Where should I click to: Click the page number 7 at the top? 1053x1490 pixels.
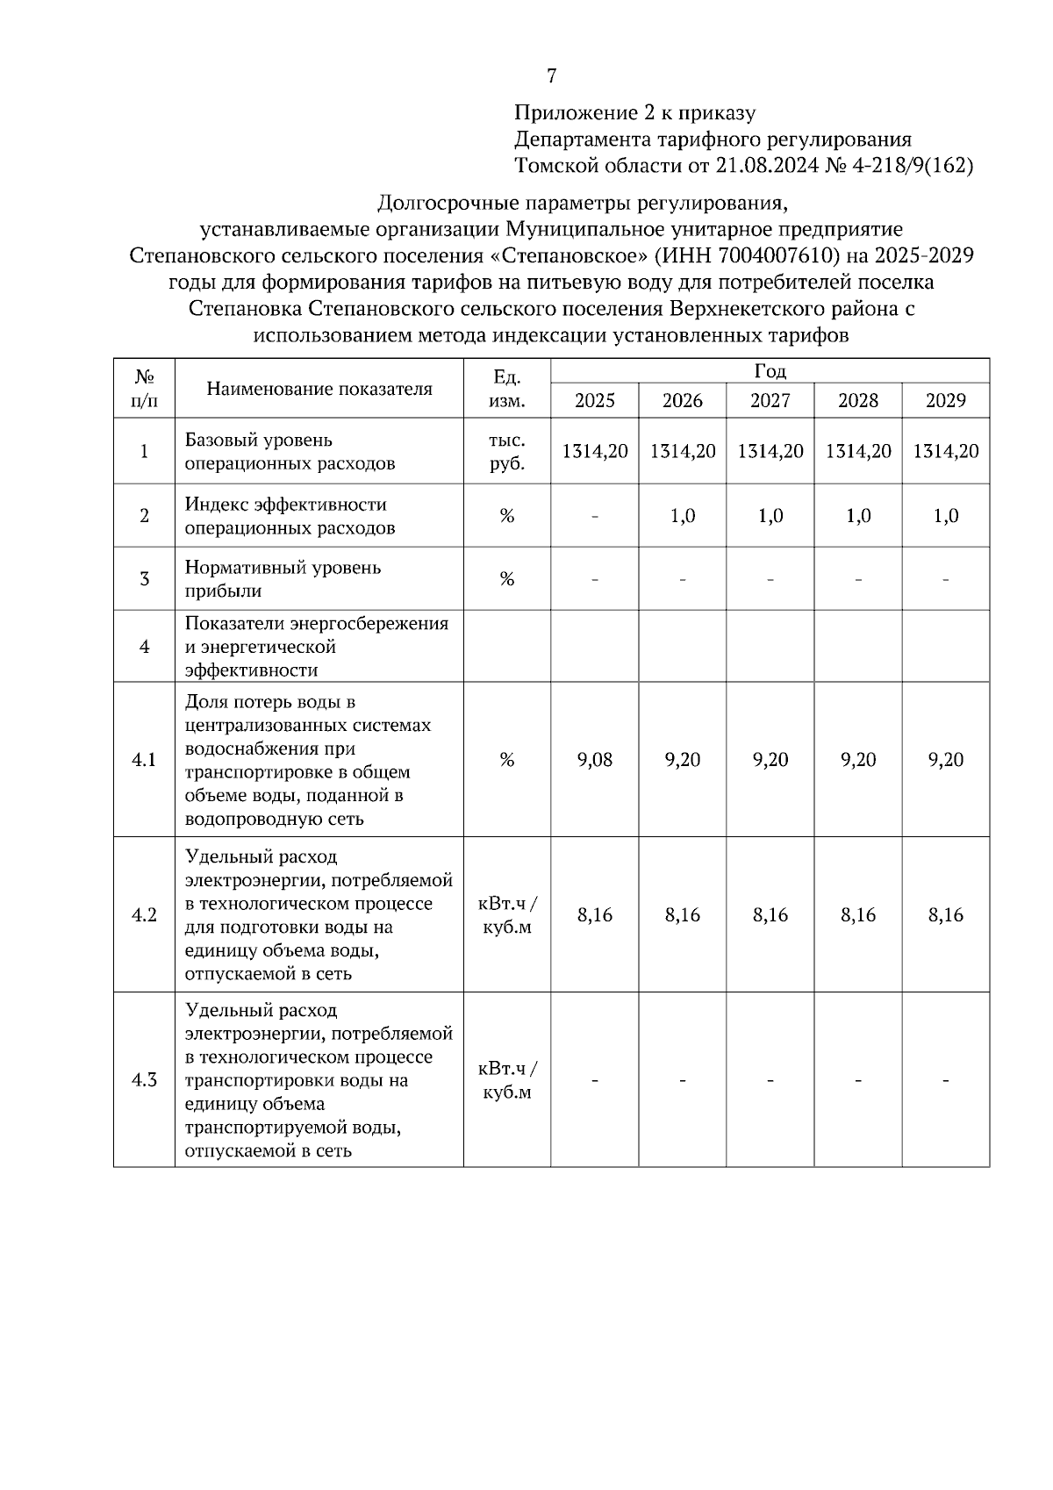pyautogui.click(x=551, y=76)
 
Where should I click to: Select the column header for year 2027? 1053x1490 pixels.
pyautogui.click(x=770, y=401)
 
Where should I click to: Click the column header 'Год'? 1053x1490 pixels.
pyautogui.click(x=770, y=371)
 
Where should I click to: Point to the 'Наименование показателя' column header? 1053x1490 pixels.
pyautogui.click(x=319, y=389)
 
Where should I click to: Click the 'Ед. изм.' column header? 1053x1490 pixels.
pyautogui.click(x=507, y=389)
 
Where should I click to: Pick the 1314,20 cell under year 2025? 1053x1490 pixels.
pyautogui.click(x=594, y=451)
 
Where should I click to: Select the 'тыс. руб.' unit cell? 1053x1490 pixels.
pyautogui.click(x=507, y=451)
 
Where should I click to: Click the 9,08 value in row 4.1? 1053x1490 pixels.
pyautogui.click(x=594, y=760)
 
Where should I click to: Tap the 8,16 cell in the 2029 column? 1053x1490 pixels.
pyautogui.click(x=945, y=915)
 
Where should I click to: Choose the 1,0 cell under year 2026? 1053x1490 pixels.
pyautogui.click(x=682, y=516)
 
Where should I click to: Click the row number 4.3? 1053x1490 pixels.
pyautogui.click(x=144, y=1079)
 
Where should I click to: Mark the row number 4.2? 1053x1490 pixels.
pyautogui.click(x=144, y=915)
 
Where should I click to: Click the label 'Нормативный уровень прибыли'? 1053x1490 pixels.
pyautogui.click(x=283, y=579)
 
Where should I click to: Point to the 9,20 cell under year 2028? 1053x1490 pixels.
pyautogui.click(x=857, y=760)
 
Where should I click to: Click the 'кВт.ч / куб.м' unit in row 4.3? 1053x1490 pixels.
pyautogui.click(x=507, y=1080)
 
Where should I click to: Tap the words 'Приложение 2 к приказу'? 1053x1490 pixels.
pyautogui.click(x=634, y=113)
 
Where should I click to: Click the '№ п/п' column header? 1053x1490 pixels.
pyautogui.click(x=144, y=389)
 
